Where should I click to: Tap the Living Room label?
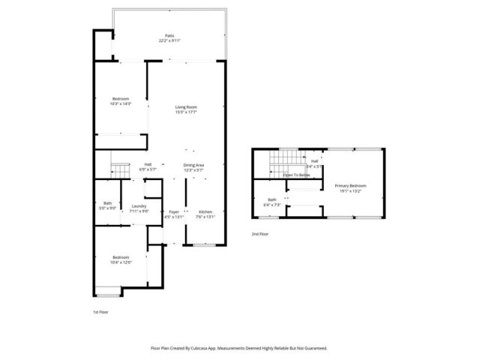point(186,107)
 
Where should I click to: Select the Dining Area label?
point(194,165)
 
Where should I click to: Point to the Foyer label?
point(174,212)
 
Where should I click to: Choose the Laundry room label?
point(139,206)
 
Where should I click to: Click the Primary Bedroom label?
point(350,186)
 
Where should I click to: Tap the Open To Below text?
point(297,175)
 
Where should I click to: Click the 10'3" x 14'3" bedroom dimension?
point(121,103)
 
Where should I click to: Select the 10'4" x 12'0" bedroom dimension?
point(121,262)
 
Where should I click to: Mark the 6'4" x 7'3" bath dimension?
point(271,204)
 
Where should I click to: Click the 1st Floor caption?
point(100,312)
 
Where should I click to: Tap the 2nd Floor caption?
point(261,234)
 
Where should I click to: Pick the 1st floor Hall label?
point(148,165)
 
